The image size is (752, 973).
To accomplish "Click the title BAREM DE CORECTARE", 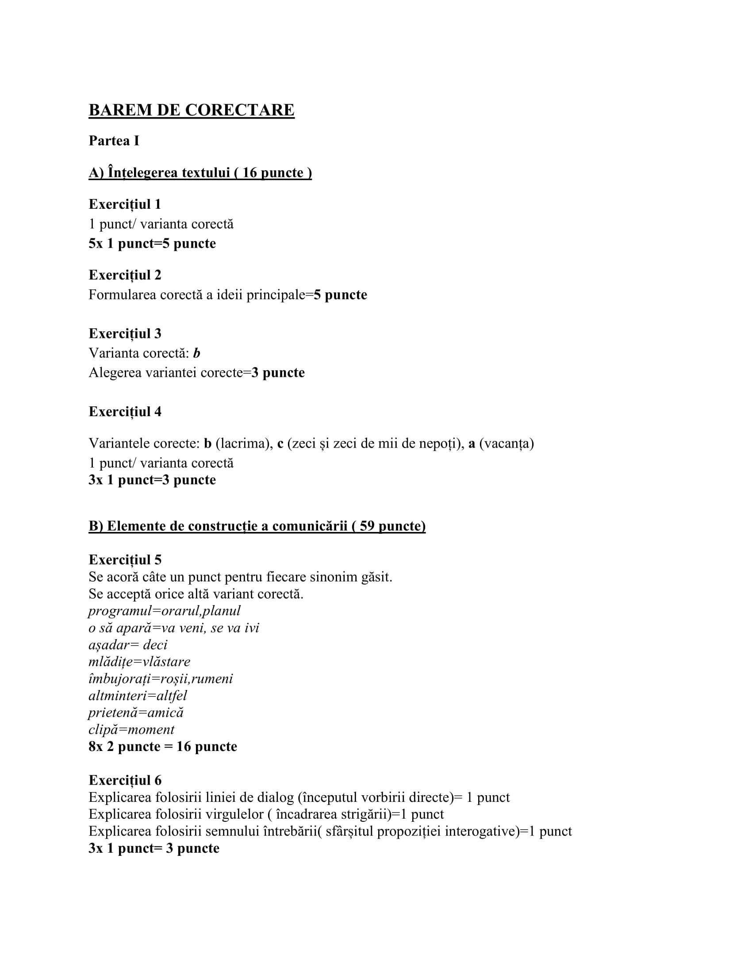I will [192, 110].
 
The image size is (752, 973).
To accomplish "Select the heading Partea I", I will [114, 141].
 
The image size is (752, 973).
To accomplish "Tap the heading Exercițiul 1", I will [125, 204].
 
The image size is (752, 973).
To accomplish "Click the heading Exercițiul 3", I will [125, 333].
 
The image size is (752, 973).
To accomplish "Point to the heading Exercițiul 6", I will [125, 780].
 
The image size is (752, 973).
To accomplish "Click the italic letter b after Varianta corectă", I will [196, 353].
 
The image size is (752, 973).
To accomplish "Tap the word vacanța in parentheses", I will [506, 444].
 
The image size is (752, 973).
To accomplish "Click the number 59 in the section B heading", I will [367, 526].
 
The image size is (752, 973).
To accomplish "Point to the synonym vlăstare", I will [166, 662].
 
